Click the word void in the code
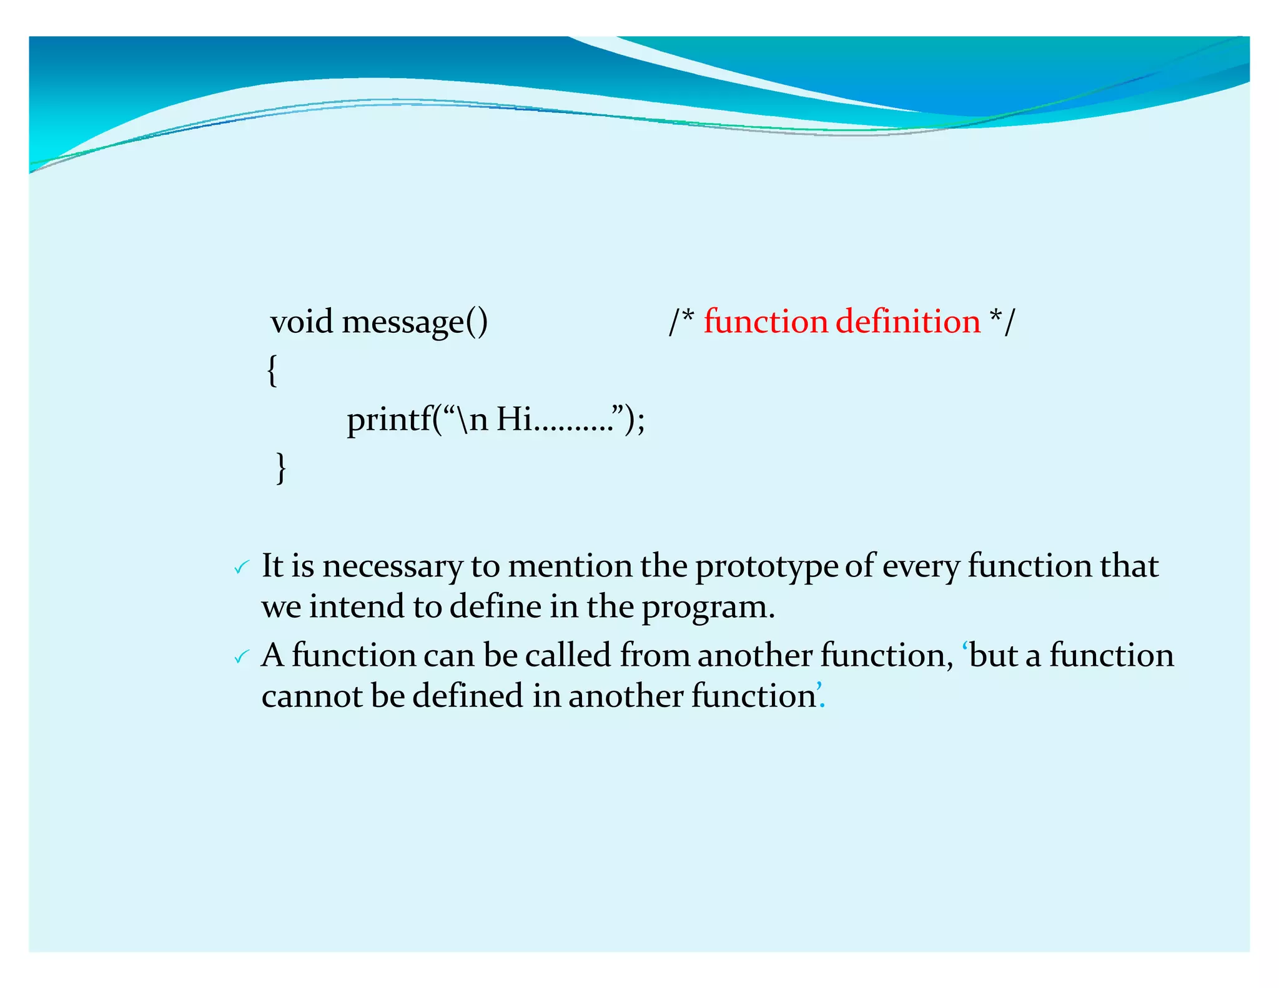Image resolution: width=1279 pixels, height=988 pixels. coord(301,322)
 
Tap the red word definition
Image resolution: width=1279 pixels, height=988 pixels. coord(908,322)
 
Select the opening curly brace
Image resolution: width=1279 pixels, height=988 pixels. coord(272,371)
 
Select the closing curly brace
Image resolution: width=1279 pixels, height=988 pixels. coord(281,468)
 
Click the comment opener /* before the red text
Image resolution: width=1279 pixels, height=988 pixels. coord(681,322)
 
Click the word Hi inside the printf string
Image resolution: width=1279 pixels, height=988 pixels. coord(513,418)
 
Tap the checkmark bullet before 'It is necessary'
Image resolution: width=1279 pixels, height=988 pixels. coord(241,568)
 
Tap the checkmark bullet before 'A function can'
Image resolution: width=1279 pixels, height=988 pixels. coord(241,657)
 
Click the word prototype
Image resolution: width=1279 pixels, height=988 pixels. coord(766,567)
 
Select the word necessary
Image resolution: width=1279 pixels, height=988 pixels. coord(392,567)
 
